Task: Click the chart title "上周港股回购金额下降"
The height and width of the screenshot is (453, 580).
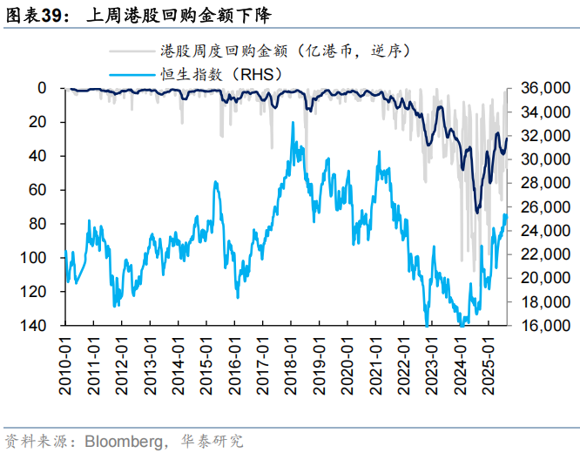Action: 162,16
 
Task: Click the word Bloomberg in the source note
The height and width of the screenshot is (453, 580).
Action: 122,440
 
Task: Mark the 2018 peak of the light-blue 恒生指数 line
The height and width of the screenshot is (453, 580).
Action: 293,123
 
